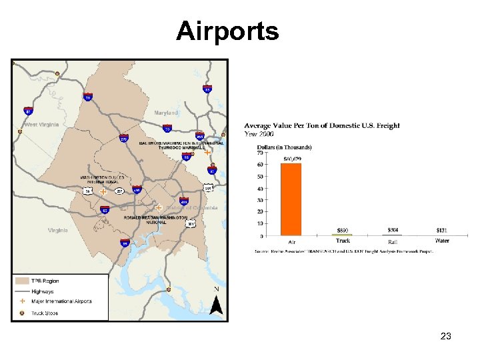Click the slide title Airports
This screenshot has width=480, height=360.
227,31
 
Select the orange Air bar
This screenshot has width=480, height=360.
291,199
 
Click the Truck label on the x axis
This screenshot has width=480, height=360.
343,241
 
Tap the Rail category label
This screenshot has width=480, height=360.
393,241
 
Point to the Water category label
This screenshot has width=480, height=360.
442,241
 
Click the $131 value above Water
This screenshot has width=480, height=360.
442,230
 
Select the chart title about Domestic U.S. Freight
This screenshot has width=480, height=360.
322,126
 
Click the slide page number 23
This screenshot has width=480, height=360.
446,337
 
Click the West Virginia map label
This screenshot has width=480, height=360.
41,125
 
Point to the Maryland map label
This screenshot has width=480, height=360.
166,113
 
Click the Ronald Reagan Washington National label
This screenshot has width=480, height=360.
155,219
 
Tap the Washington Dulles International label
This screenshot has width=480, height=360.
102,179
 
